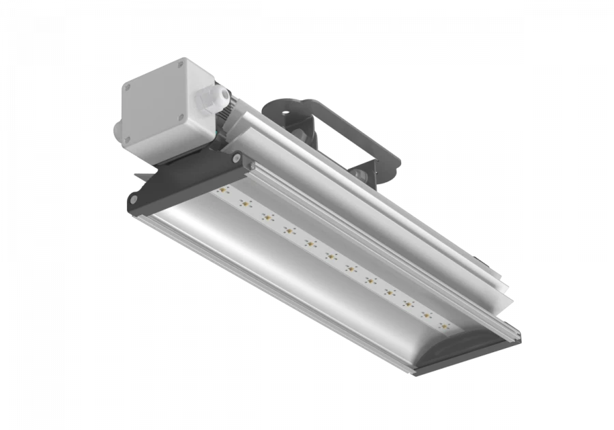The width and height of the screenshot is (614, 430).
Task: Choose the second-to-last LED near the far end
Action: pyautogui.click(x=426, y=315)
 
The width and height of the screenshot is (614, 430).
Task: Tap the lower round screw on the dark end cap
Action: pyautogui.click(x=133, y=199)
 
